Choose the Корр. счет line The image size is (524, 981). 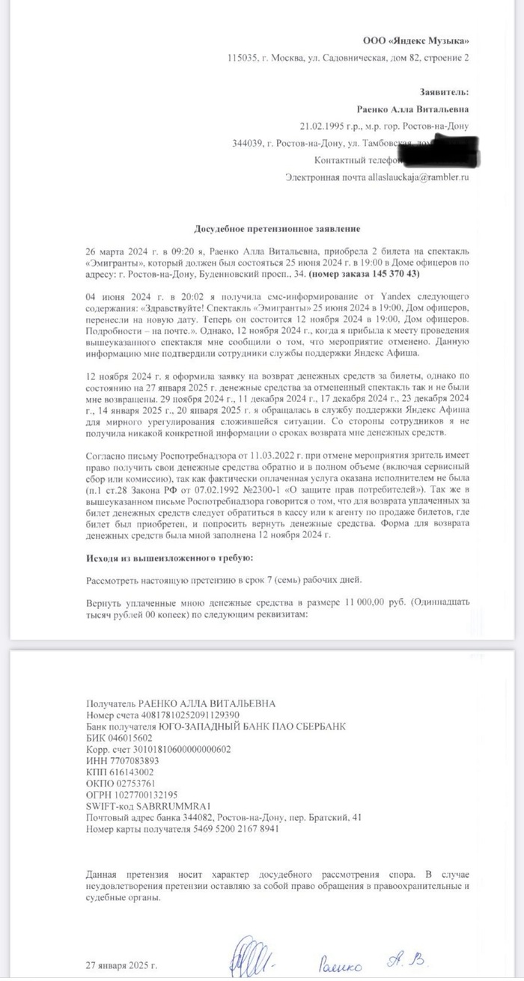[159, 748]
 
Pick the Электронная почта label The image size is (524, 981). [326, 177]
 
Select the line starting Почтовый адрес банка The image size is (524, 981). [224, 816]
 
